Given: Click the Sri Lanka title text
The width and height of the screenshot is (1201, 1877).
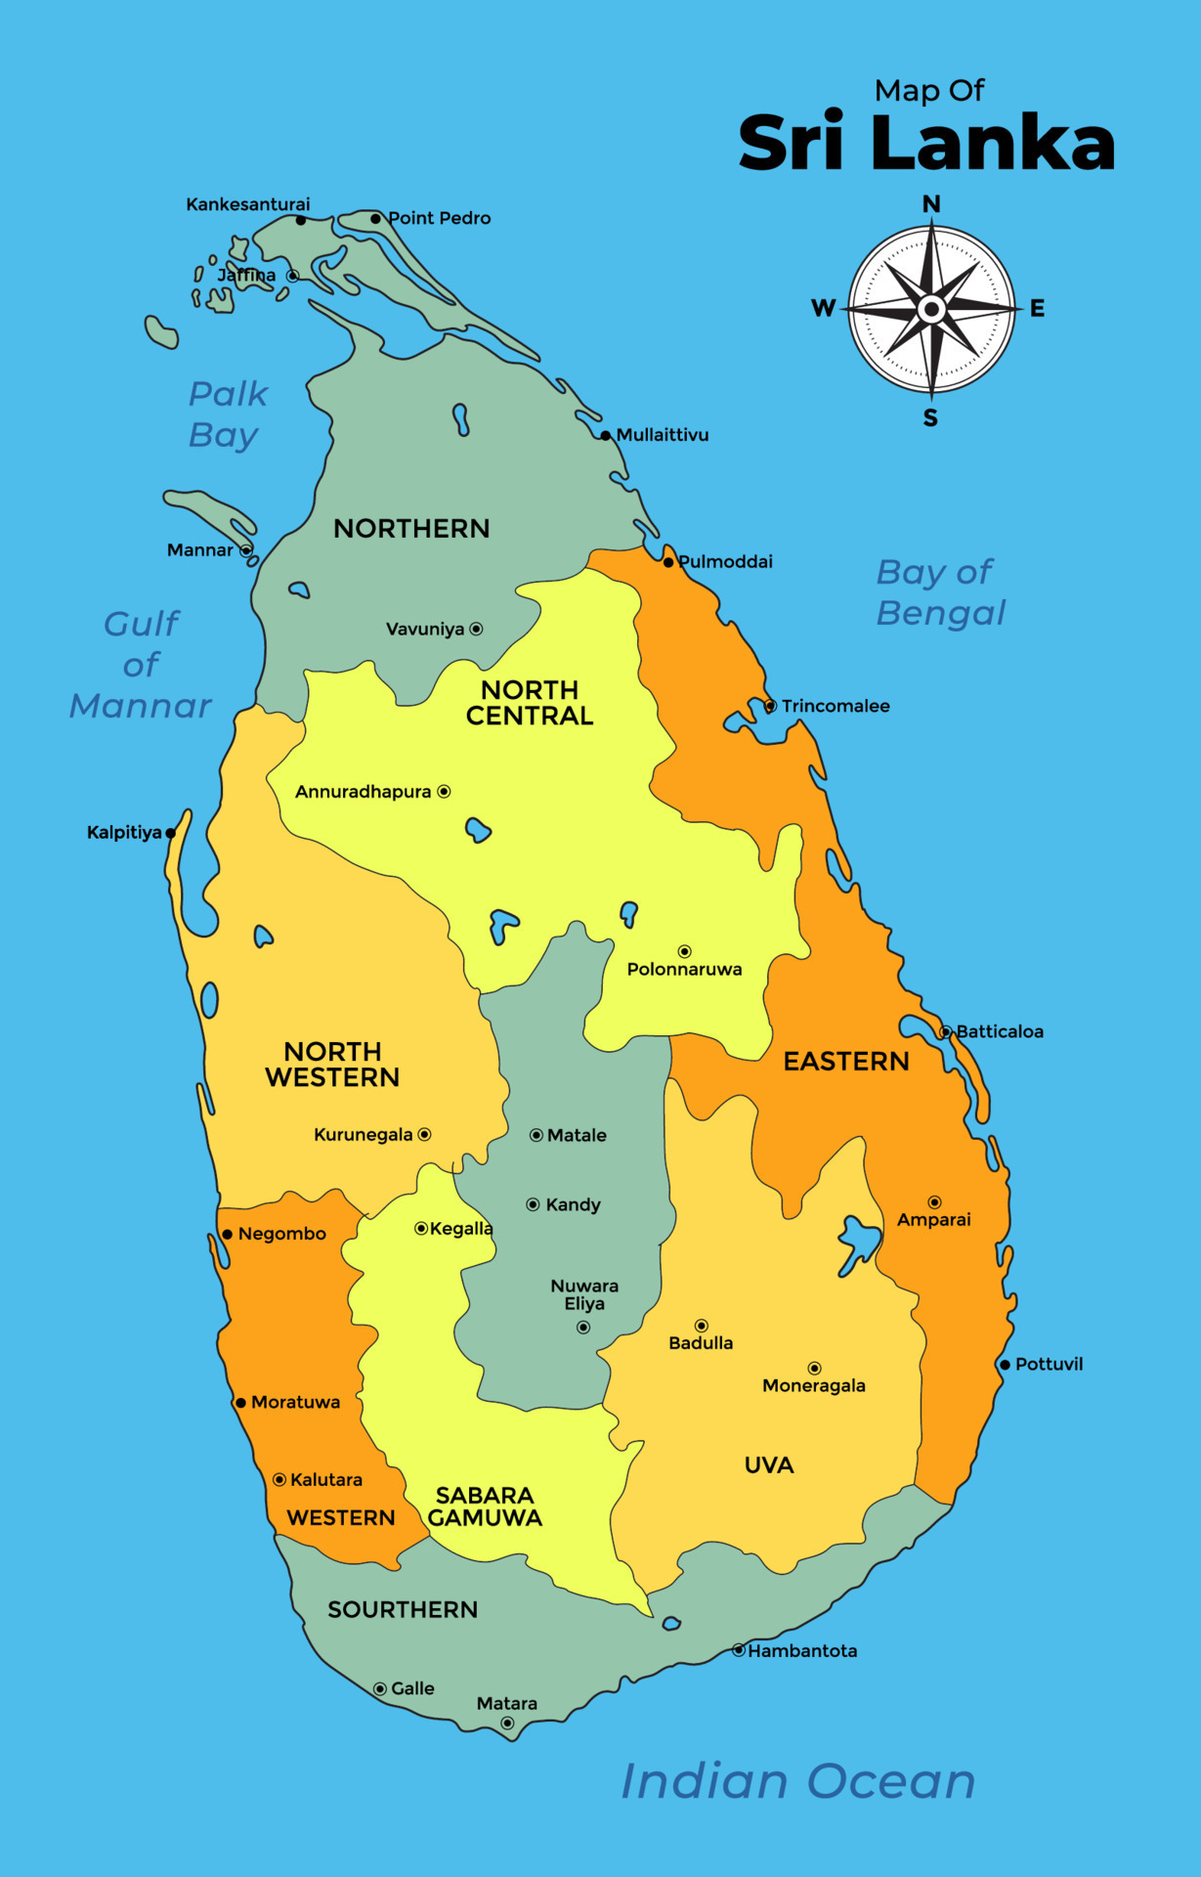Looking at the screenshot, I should [925, 144].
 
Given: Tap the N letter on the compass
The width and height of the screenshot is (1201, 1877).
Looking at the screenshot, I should [931, 204].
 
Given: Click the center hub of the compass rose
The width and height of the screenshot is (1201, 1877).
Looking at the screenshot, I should [931, 310].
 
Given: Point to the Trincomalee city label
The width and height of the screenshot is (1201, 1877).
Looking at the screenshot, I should [836, 706].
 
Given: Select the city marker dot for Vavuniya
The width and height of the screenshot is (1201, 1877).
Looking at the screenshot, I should [476, 630].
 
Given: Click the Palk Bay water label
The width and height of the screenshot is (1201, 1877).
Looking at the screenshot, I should [227, 414].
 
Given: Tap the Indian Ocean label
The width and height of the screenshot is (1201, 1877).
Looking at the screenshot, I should [798, 1781].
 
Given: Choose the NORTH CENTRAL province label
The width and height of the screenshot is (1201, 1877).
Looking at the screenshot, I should [530, 703].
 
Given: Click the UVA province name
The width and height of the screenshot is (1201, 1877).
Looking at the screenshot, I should [769, 1465].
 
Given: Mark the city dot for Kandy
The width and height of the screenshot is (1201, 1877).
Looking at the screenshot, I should [533, 1204].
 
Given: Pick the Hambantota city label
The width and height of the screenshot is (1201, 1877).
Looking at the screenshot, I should [802, 1651].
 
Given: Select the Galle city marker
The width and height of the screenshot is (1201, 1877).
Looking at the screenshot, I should [380, 1688].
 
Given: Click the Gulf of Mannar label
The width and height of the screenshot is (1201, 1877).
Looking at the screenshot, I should [141, 665].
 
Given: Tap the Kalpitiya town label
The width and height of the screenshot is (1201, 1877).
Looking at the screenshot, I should [124, 833].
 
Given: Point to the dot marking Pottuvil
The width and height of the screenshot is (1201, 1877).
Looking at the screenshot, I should [1005, 1365].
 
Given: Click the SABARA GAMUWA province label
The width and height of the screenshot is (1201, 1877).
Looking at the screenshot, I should [485, 1506].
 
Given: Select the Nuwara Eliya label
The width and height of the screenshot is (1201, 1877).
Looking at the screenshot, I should [584, 1294].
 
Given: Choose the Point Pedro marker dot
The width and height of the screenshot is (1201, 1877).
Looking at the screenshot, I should [375, 218].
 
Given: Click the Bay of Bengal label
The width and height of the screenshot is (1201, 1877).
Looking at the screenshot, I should [939, 592].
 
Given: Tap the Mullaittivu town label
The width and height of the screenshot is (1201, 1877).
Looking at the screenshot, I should [663, 435].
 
